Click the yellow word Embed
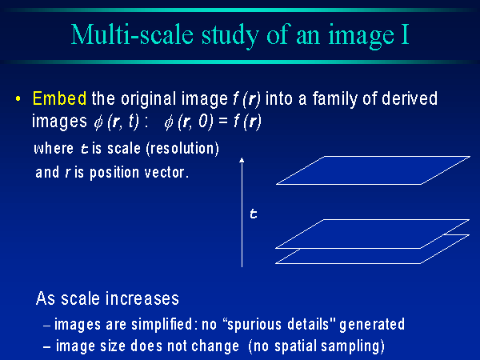coord(59,98)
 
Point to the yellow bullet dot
coord(18,99)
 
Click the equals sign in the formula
coord(223,122)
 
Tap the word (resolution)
coord(182,149)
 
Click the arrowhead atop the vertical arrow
coord(242,160)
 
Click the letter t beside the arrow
coord(253,214)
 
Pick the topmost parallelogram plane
coord(373,170)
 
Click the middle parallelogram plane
coord(373,234)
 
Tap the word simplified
coord(162,325)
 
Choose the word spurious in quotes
coord(254,325)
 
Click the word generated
coord(372,325)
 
